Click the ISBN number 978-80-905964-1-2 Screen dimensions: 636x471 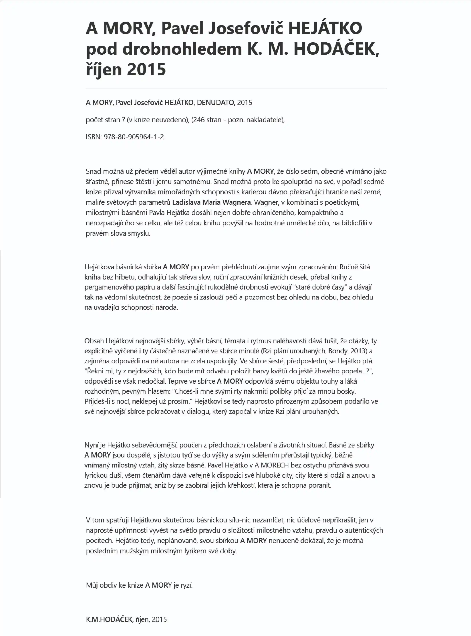tap(134, 137)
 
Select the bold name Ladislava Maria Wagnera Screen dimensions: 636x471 tap(212, 203)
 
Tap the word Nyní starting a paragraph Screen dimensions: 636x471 tap(90, 445)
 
